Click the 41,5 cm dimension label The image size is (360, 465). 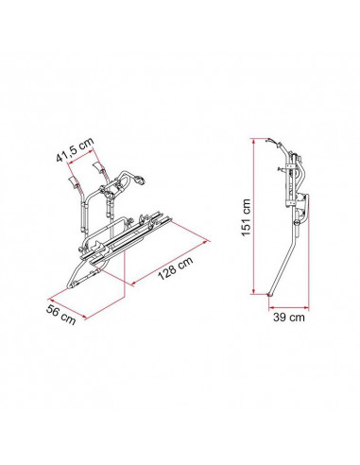tap(75, 148)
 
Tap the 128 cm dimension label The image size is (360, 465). tap(176, 267)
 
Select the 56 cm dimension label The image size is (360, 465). tap(61, 315)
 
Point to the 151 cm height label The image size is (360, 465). tap(246, 217)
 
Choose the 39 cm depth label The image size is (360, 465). tap(289, 318)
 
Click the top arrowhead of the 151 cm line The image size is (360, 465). tap(253, 141)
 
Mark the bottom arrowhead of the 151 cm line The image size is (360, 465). tap(253, 291)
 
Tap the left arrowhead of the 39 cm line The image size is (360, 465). tap(271, 306)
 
